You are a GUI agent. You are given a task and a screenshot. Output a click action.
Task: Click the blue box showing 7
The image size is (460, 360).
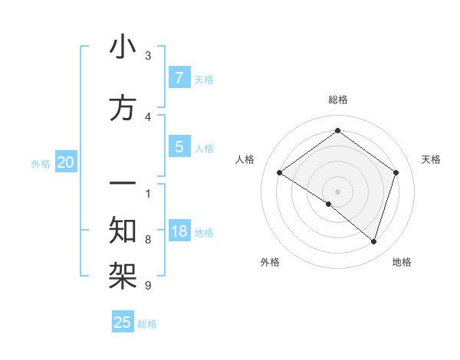tap(179, 78)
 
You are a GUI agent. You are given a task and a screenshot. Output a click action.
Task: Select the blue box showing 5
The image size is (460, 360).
tap(179, 147)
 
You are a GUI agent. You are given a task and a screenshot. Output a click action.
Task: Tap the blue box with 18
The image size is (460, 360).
tap(179, 231)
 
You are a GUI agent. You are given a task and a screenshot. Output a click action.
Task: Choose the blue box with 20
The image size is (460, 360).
tap(65, 162)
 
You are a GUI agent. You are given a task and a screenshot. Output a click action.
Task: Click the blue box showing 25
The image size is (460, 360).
tap(123, 322)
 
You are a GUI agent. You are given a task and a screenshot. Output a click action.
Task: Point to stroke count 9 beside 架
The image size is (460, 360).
tap(148, 286)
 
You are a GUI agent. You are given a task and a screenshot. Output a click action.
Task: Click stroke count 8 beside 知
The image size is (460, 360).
tap(148, 240)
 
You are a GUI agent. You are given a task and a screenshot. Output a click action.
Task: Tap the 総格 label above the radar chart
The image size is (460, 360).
tap(337, 100)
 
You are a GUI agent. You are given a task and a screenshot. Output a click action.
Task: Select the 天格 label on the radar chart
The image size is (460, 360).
tap(431, 159)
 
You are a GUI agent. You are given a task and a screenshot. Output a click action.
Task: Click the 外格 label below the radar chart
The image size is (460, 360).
tap(270, 262)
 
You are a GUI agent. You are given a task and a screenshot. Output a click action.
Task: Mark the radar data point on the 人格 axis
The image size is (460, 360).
tap(279, 173)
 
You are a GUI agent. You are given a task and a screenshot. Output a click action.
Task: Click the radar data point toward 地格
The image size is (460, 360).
tap(373, 241)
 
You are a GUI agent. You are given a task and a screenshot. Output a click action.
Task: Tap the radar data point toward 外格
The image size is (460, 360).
tap(329, 204)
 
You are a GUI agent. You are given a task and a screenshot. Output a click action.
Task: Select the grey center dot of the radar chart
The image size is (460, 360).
tap(337, 191)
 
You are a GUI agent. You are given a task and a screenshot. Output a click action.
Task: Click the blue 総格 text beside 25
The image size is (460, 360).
tap(147, 324)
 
